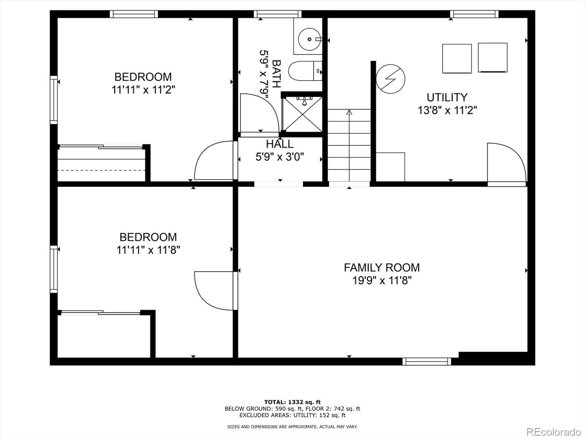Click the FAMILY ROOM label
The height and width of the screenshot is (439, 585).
[x=382, y=267]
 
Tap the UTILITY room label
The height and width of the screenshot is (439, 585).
[x=447, y=97]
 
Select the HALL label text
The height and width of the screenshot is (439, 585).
[x=280, y=144]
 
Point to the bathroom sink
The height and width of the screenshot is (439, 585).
[x=309, y=39]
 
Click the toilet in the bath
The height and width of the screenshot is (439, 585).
[x=304, y=71]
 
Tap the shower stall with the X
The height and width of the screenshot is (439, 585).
[x=302, y=114]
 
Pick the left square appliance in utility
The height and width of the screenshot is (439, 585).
[x=457, y=59]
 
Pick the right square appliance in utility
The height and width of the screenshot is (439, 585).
[x=492, y=57]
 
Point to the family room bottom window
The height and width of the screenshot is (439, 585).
[x=427, y=361]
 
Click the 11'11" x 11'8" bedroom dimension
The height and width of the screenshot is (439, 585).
[x=148, y=250]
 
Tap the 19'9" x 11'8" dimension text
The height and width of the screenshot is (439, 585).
[x=382, y=281]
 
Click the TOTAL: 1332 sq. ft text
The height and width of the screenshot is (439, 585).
[x=292, y=402]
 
